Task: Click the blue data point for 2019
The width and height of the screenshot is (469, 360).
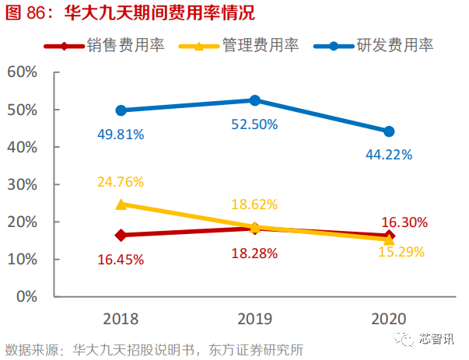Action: [254, 100]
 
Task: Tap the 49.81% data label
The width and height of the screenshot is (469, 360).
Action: [121, 134]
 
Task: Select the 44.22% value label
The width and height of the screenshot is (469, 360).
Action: [389, 154]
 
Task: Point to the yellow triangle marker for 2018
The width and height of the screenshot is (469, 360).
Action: [121, 204]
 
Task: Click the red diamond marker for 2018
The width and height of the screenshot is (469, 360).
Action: [121, 235]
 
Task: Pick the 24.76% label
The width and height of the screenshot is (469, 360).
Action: [121, 183]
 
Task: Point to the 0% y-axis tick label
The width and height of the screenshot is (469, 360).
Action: [26, 296]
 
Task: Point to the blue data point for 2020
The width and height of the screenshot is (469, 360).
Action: [389, 131]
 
